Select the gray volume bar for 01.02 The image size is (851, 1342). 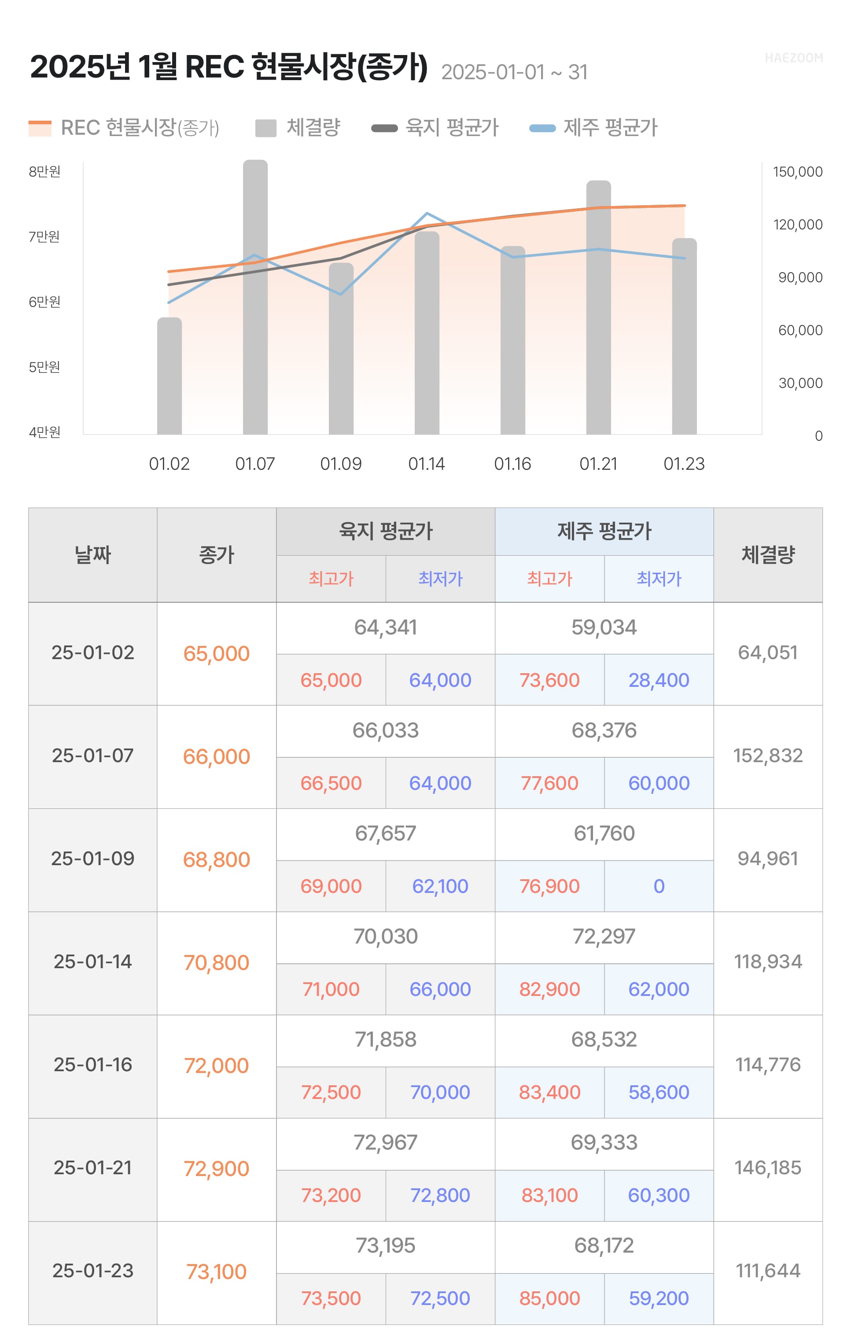point(169,376)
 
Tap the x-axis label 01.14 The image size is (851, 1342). point(426,464)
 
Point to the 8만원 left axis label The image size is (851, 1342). point(44,172)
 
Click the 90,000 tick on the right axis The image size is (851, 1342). point(800,277)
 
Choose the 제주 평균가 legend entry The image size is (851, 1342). point(594,128)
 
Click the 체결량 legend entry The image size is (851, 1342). point(298,128)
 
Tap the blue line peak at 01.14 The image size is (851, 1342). point(427,214)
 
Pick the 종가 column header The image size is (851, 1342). point(216,554)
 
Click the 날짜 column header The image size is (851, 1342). point(92,554)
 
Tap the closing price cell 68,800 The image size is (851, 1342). point(216,860)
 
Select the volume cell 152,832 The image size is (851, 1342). point(767,756)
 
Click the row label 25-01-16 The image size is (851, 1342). point(92,1065)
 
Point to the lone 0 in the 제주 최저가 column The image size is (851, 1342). point(659,886)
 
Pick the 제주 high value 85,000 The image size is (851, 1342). point(549,1298)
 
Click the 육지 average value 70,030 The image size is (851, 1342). point(385,937)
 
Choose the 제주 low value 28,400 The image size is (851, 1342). point(659,681)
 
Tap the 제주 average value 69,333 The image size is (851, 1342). point(604,1143)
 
